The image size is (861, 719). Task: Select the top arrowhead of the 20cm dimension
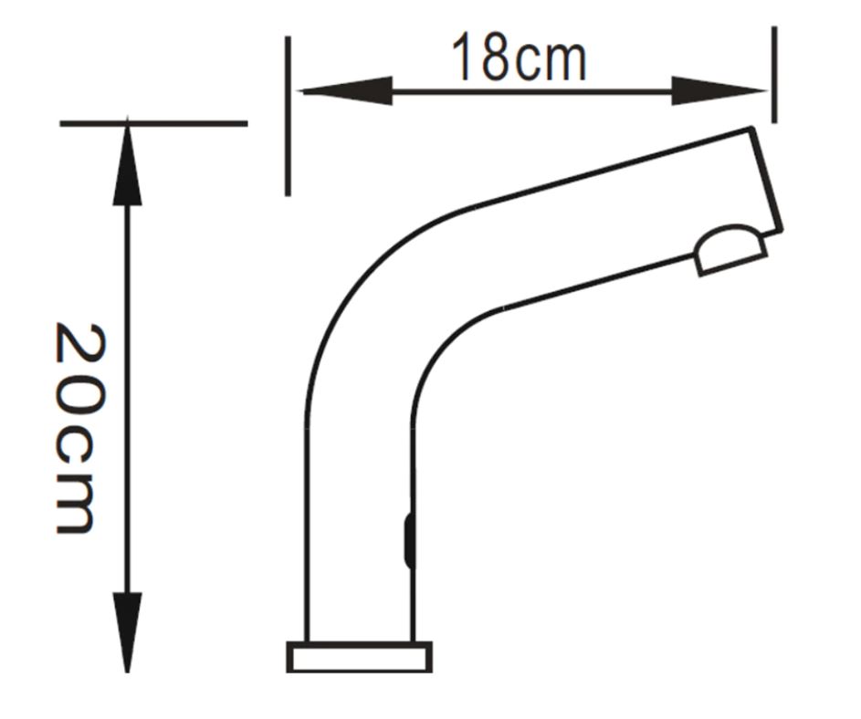coord(128,164)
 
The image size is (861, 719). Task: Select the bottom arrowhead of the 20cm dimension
coord(128,630)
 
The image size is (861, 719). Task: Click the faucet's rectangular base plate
coord(359,657)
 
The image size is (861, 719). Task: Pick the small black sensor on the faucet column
coord(408,540)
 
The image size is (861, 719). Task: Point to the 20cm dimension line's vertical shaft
coord(128,392)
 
